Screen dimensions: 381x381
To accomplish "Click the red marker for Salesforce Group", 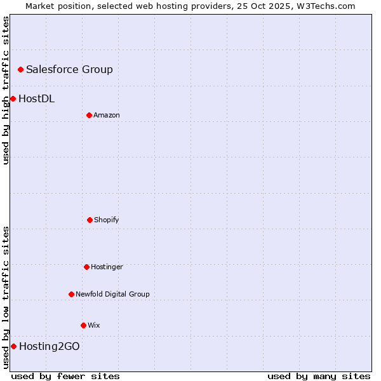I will tap(20, 69).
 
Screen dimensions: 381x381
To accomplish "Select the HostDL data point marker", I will tap(13, 98).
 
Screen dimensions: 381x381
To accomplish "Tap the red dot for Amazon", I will tap(89, 115).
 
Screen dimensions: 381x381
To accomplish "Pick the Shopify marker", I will tap(90, 220).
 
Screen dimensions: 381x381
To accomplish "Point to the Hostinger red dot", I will tap(86, 267).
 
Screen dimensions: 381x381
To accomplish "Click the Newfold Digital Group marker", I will tap(71, 294).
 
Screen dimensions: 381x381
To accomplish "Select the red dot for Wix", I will tap(83, 325).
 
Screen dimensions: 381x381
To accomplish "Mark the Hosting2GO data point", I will tap(13, 346).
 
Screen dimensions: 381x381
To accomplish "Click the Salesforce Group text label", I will tap(69, 69).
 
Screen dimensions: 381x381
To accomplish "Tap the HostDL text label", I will tap(36, 98).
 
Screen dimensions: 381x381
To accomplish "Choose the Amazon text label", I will tap(107, 115).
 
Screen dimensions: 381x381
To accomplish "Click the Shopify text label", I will tap(107, 220).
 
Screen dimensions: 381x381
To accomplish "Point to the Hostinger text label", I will tap(107, 267).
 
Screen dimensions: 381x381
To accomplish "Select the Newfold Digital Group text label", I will tap(112, 294).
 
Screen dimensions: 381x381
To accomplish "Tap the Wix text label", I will tap(94, 325).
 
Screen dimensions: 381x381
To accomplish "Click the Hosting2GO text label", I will tap(50, 346).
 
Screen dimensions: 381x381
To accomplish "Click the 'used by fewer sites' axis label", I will tap(65, 376).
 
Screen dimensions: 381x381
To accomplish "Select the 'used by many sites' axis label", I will tap(319, 376).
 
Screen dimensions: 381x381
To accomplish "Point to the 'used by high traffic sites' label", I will tap(6, 90).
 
